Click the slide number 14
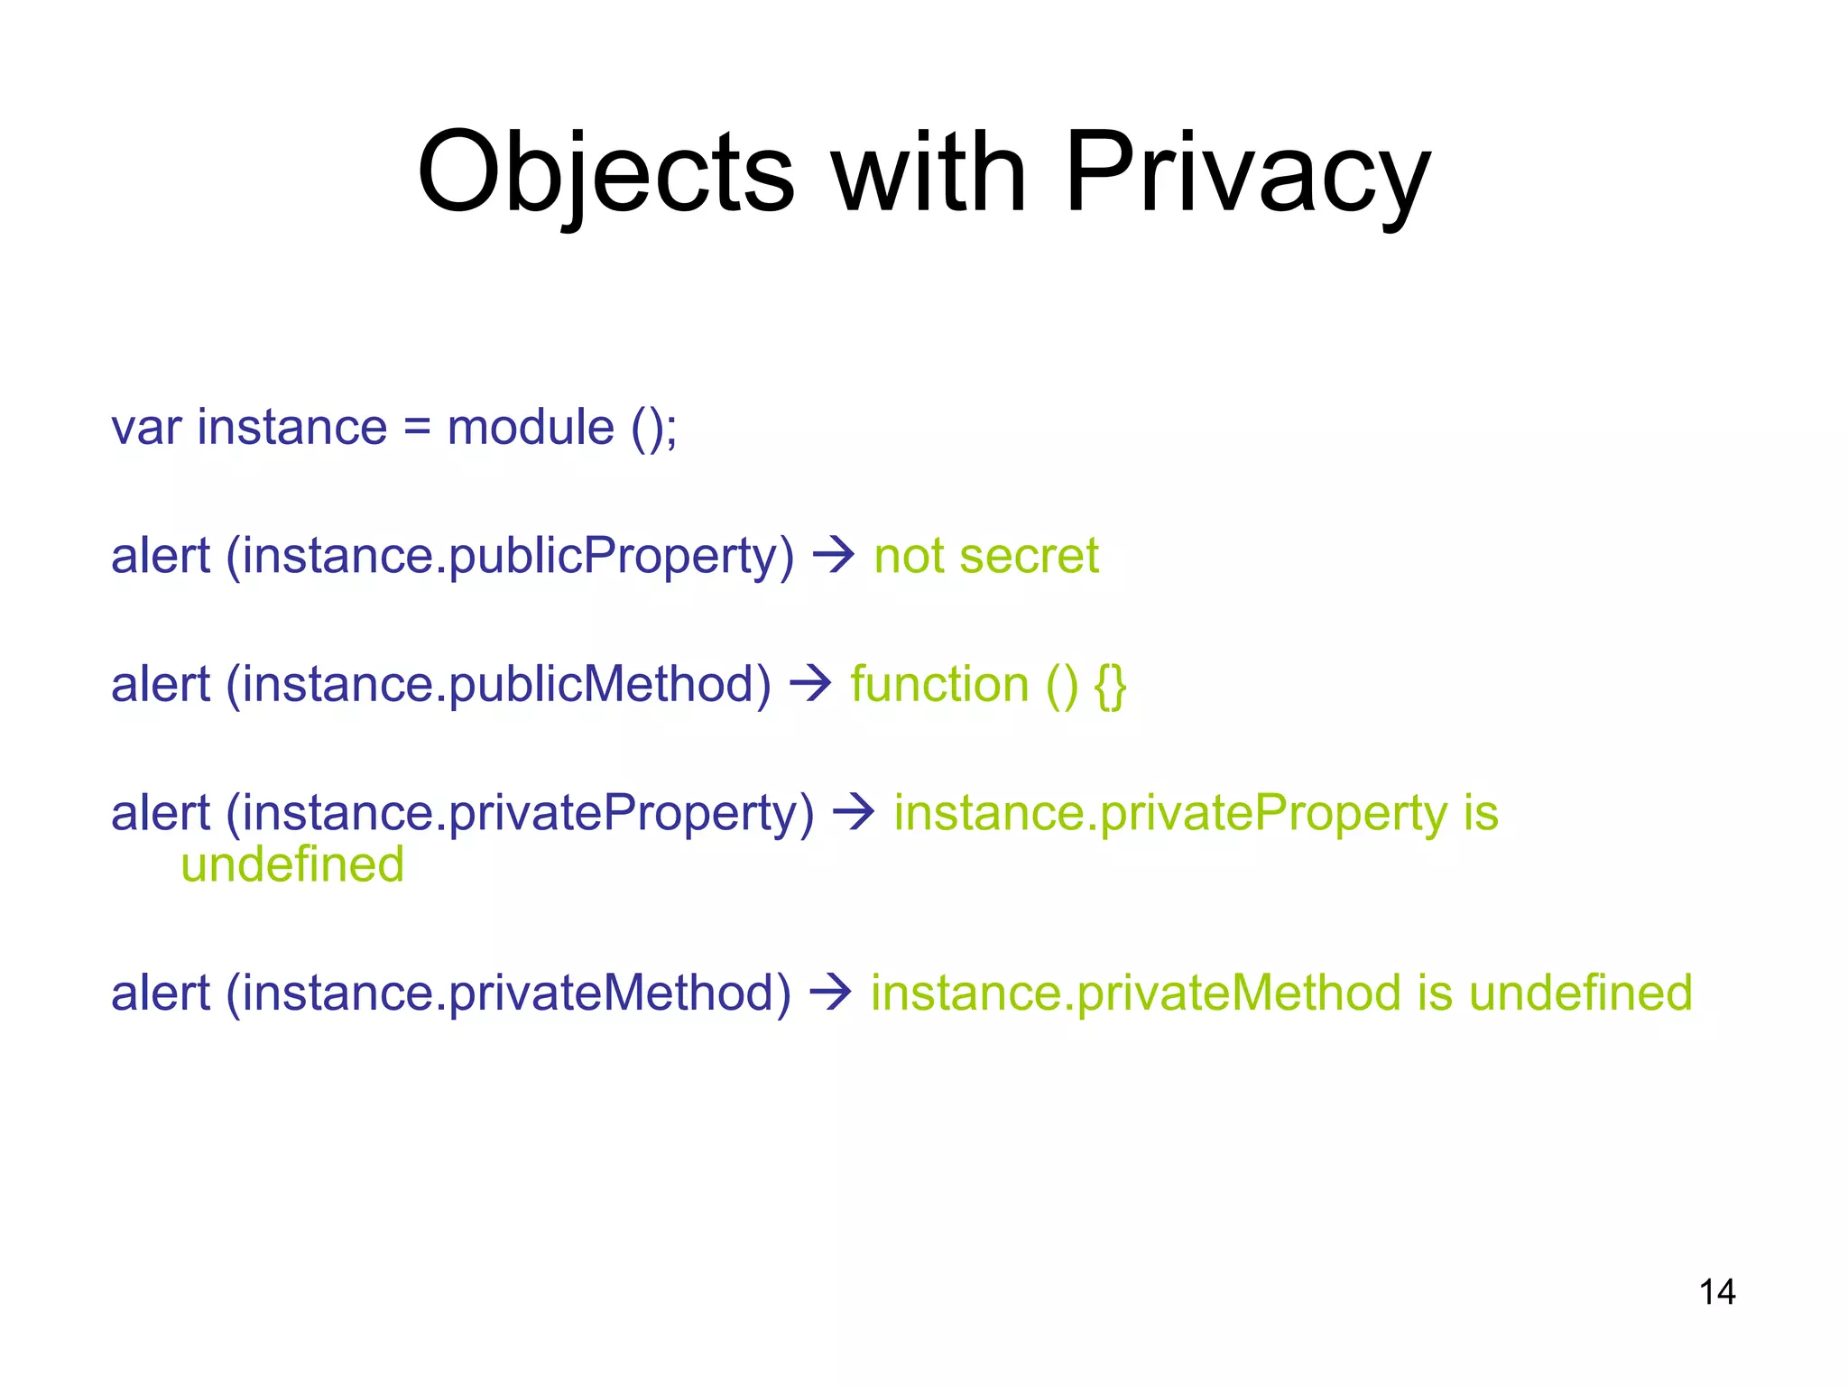point(1716,1292)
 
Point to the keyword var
point(145,428)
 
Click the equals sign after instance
point(417,428)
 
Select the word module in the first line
point(531,428)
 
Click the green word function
point(939,685)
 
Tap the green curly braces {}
point(1110,685)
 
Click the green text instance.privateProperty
point(1170,813)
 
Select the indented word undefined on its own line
point(292,864)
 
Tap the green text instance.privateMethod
point(1136,993)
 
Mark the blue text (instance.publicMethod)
point(498,685)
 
